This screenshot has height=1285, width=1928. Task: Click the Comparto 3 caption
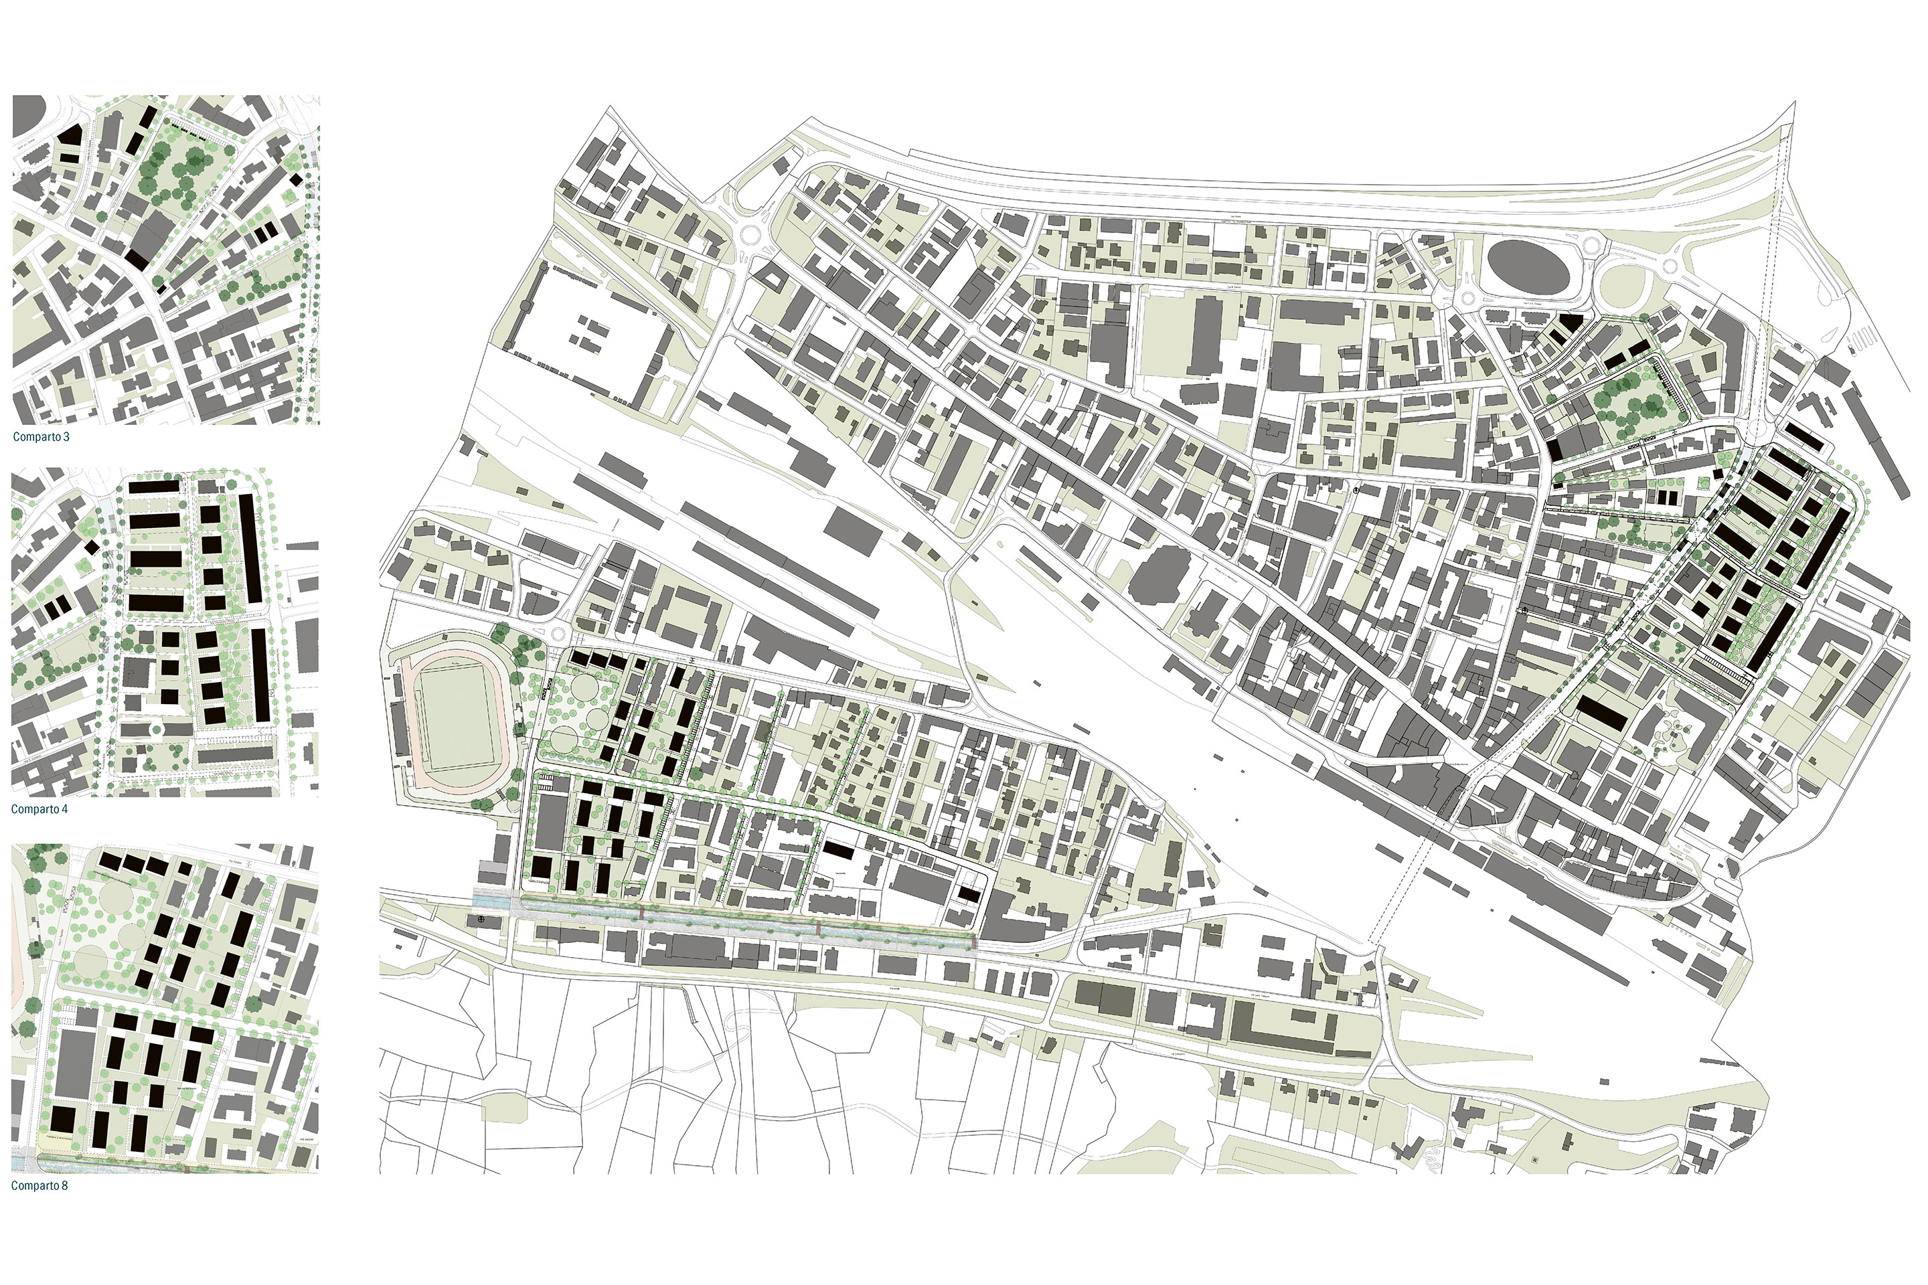pos(41,437)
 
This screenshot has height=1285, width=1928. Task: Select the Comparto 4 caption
pos(39,809)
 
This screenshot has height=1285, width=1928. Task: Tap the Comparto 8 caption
pos(39,1186)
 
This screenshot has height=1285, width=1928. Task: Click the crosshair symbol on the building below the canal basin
pos(481,921)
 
